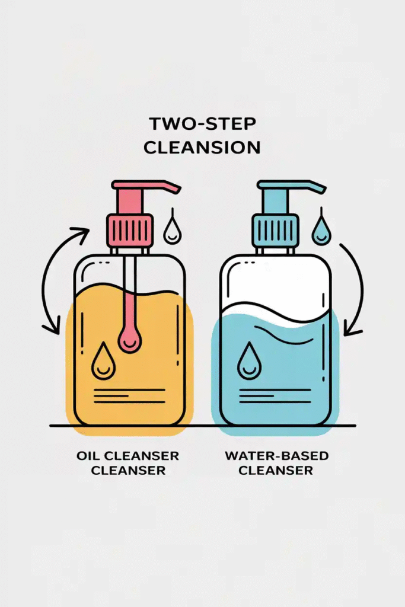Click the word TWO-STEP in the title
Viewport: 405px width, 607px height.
tap(203, 124)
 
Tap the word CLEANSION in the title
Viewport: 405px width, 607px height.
tap(203, 148)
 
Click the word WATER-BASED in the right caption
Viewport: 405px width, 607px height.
tap(276, 456)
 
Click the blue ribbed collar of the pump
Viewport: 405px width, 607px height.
tap(275, 231)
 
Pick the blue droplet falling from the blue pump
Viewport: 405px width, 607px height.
tap(321, 231)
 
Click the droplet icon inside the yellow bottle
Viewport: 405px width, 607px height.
tap(103, 361)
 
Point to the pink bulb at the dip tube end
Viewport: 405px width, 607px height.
tap(129, 337)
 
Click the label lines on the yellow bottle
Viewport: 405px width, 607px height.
tap(129, 396)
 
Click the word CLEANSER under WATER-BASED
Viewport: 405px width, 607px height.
tap(276, 470)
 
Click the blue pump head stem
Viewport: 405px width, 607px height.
tap(275, 202)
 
